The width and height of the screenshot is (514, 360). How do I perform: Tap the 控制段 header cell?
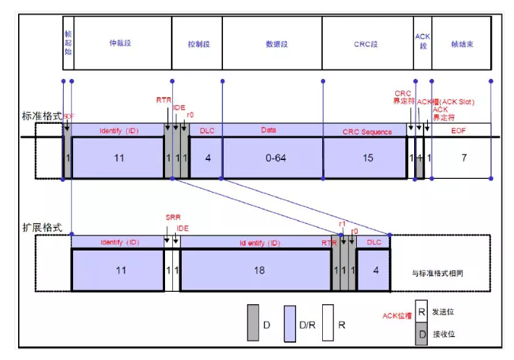pos(196,44)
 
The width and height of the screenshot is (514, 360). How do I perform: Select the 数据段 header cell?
pos(271,44)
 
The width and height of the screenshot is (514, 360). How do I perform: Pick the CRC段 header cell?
pos(366,44)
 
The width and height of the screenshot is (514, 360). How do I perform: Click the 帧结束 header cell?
pos(462,44)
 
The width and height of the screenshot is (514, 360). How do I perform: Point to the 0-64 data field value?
pos(273,156)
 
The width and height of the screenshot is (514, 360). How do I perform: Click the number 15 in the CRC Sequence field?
pos(365,156)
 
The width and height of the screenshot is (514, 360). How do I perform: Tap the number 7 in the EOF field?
pos(463,156)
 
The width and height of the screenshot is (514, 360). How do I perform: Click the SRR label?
pos(172,217)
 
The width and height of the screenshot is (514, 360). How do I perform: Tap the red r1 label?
pos(342,225)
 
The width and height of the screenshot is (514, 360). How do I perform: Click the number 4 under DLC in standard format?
pos(208,156)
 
